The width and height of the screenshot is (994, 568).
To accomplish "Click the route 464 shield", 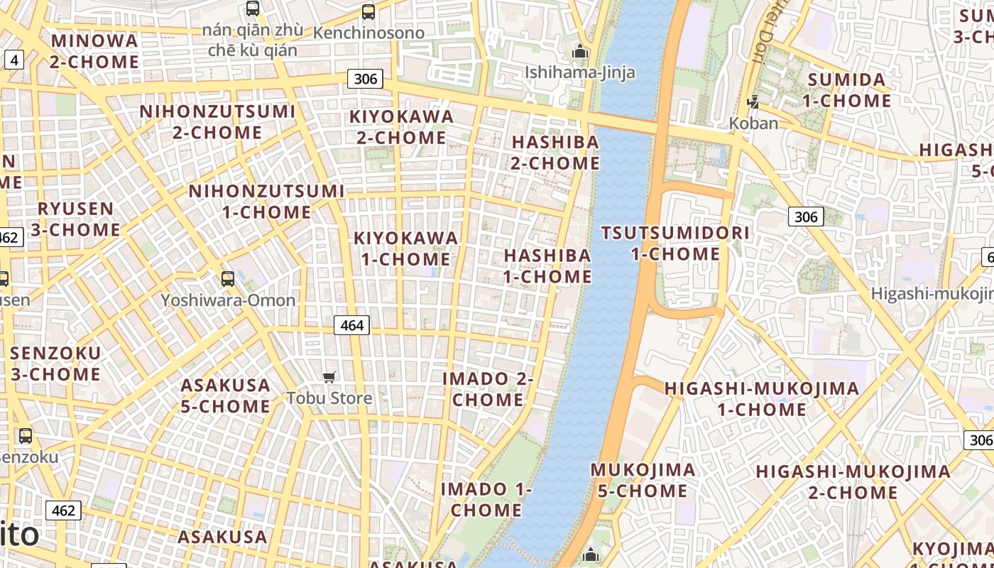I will tap(351, 325).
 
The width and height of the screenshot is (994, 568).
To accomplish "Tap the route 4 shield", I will tap(14, 60).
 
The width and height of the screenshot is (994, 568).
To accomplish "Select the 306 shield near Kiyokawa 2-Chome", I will tap(365, 78).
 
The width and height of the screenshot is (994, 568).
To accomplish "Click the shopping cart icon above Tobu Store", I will tap(329, 377).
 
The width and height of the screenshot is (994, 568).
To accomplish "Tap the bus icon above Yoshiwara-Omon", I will tap(227, 279).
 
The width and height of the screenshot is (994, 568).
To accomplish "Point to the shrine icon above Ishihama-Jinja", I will tap(580, 52).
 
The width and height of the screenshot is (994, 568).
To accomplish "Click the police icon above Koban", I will tap(753, 103).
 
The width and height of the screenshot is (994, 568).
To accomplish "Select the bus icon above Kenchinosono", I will tap(368, 12).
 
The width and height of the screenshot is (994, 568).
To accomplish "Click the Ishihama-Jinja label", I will tap(580, 72).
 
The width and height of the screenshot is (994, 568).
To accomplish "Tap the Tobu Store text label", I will tap(329, 398).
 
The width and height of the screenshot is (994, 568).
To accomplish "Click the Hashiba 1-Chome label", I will tap(547, 266).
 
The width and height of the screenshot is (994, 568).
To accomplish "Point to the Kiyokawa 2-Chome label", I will tap(401, 126).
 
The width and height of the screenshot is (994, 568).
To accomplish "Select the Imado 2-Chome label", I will tap(488, 389).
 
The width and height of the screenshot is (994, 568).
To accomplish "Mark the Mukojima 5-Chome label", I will tap(643, 480).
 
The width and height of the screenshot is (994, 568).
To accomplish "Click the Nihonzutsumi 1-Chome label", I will tap(266, 202).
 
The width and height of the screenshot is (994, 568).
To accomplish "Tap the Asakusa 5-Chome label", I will tap(225, 395).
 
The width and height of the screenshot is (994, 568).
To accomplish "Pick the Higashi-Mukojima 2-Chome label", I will tap(853, 481).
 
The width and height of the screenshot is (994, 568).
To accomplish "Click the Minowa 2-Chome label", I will tap(94, 51).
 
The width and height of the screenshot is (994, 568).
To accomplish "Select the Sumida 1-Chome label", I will tap(847, 90).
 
